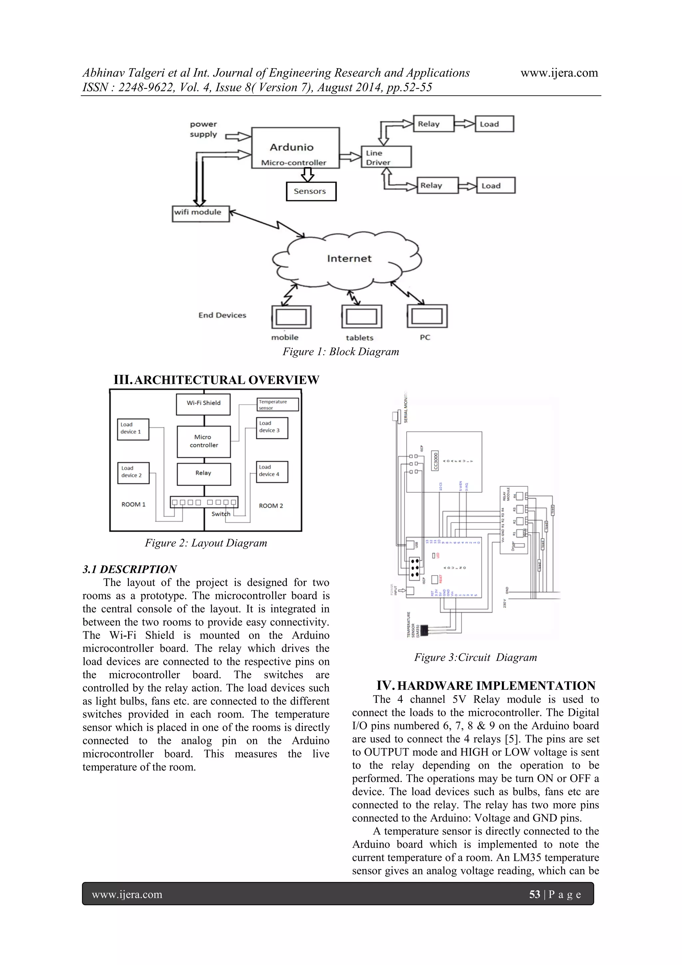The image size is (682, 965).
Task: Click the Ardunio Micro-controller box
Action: (x=295, y=148)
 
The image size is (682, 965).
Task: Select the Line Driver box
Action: (x=386, y=157)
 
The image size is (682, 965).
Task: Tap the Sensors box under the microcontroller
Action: (x=311, y=191)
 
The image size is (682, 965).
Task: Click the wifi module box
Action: (x=200, y=214)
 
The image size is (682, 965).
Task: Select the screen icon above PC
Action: (x=427, y=316)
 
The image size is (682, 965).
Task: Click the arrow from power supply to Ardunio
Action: (x=238, y=136)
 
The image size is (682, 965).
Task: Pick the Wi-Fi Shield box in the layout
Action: (x=203, y=403)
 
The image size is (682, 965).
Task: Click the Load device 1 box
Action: (x=133, y=429)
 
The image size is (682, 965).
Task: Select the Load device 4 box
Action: (x=271, y=472)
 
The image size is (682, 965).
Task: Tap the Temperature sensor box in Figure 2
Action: (x=277, y=405)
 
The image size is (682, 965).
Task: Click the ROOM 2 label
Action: (x=271, y=506)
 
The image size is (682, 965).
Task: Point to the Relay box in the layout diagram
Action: (x=203, y=474)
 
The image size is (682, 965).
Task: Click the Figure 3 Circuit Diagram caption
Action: (x=475, y=657)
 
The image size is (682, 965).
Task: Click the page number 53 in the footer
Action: (x=534, y=894)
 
